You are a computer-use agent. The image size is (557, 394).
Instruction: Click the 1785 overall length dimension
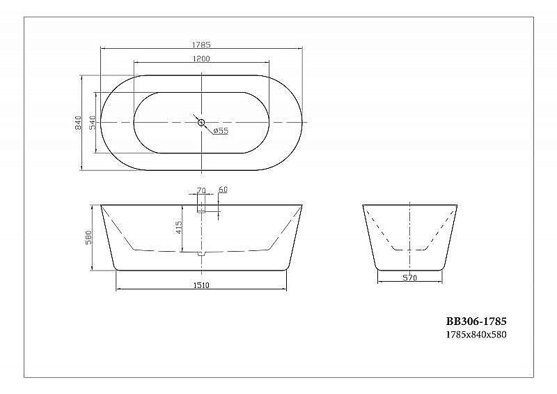pos(201,44)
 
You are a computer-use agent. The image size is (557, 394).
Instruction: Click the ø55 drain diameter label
pos(221,131)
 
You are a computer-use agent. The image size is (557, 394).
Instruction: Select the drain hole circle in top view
pos(201,123)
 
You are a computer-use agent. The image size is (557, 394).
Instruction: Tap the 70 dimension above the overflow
pos(201,190)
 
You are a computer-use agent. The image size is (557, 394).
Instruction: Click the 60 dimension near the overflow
pos(223,190)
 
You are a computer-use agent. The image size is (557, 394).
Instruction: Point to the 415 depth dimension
pos(180,227)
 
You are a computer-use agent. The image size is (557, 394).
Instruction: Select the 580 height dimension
pos(88,238)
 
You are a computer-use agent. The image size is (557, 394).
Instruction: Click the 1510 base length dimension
pos(201,285)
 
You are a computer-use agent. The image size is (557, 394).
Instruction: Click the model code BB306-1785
pos(476,322)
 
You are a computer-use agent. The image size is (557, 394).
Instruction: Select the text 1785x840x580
pos(476,335)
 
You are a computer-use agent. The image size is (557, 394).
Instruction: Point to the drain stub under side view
pos(201,254)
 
